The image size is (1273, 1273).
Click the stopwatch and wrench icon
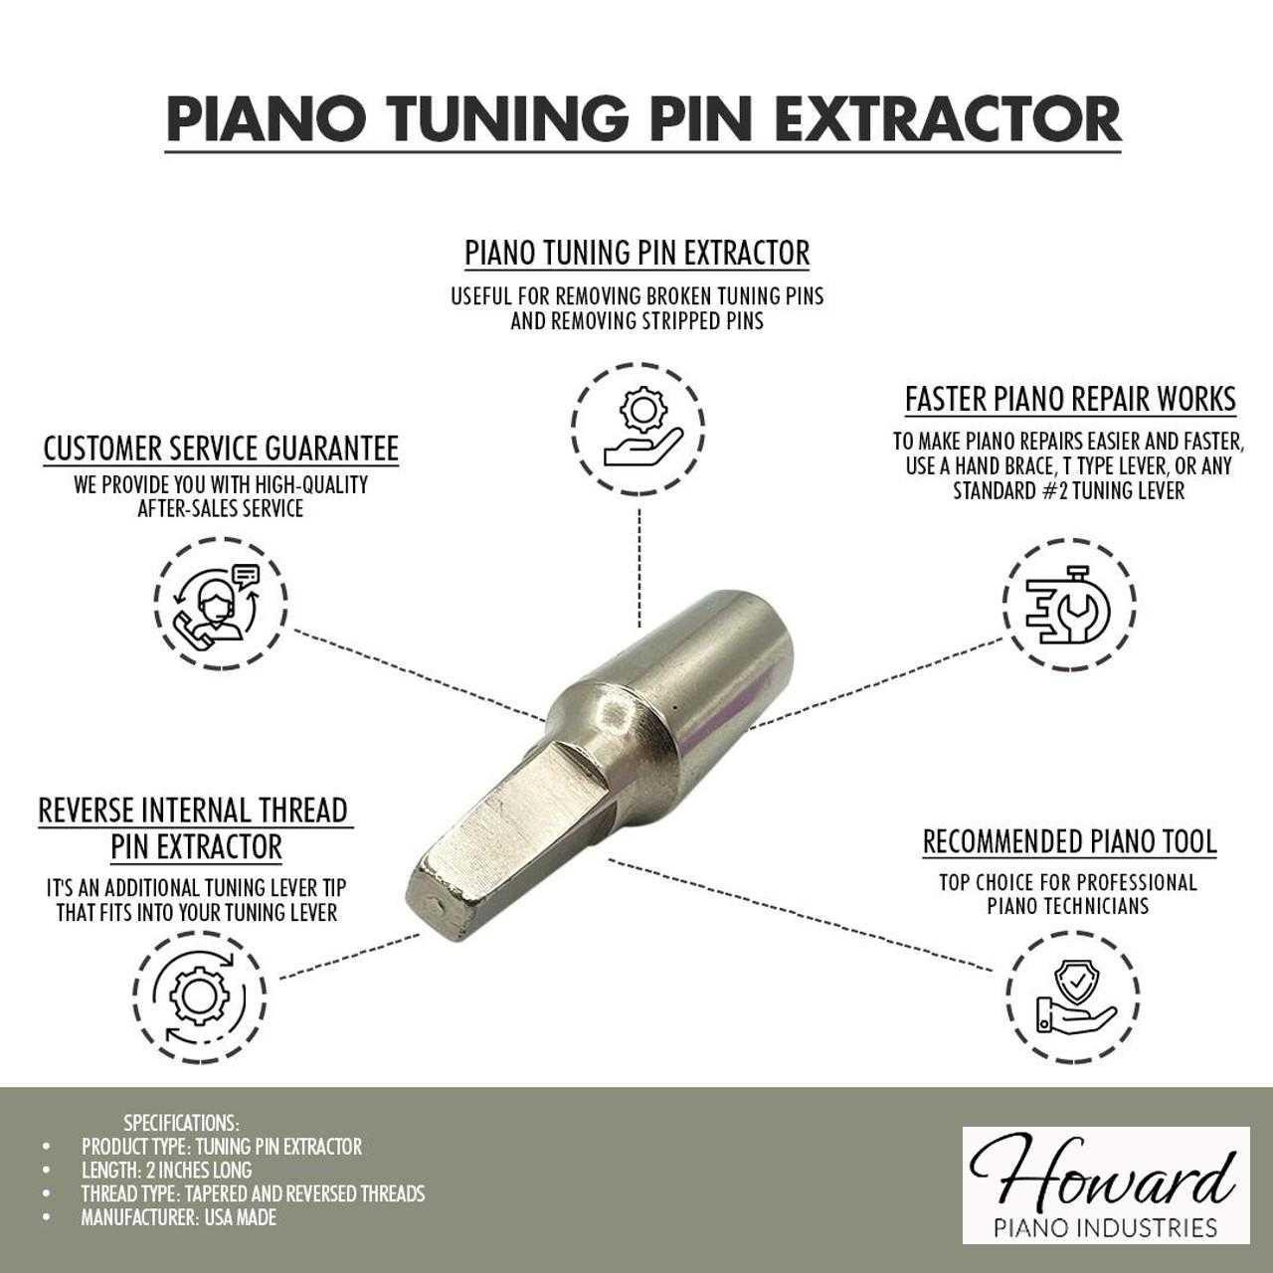pyautogui.click(x=1068, y=604)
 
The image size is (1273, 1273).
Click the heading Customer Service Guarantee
pyautogui.click(x=221, y=449)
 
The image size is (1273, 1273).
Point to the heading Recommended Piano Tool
pyautogui.click(x=1069, y=841)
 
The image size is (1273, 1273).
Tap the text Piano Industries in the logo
pyautogui.click(x=1106, y=1227)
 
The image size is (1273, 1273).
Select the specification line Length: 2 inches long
pyautogui.click(x=166, y=1170)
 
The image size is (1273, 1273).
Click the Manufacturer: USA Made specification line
pyautogui.click(x=178, y=1217)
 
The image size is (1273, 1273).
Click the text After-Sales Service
pyautogui.click(x=221, y=508)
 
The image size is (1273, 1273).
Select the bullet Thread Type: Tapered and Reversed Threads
pyautogui.click(x=253, y=1193)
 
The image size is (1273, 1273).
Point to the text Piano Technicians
pyautogui.click(x=1068, y=906)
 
